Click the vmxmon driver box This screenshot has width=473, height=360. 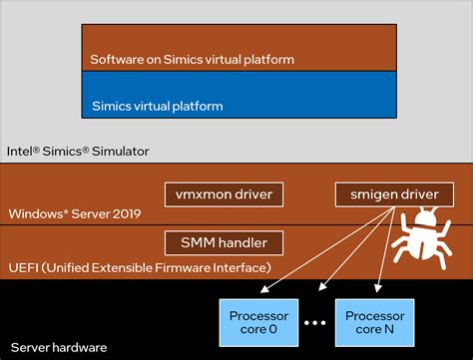pos(224,192)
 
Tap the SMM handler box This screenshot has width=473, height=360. pos(224,241)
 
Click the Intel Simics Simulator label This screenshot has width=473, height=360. pos(78,151)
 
